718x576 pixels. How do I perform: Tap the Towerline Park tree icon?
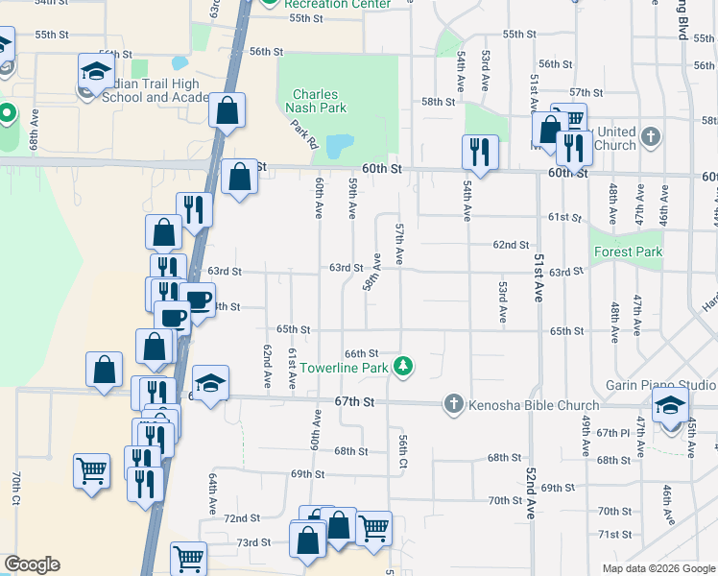click(x=405, y=366)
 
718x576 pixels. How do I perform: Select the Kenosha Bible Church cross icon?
click(x=454, y=404)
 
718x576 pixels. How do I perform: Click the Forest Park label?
click(x=628, y=252)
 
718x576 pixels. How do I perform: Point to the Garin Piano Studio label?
click(x=660, y=385)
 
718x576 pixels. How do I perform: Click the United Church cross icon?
click(x=651, y=134)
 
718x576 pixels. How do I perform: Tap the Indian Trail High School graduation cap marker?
click(x=96, y=70)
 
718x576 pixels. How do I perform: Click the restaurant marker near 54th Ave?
click(x=479, y=152)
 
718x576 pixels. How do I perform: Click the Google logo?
click(x=32, y=564)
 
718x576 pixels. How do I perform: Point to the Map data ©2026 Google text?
click(x=658, y=568)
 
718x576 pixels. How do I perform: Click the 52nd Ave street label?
click(x=530, y=492)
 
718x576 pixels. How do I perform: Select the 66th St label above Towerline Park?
click(x=362, y=353)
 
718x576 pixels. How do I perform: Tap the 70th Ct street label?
click(x=16, y=489)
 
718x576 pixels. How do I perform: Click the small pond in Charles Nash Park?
click(x=338, y=147)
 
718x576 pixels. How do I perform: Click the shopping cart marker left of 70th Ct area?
click(x=91, y=470)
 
